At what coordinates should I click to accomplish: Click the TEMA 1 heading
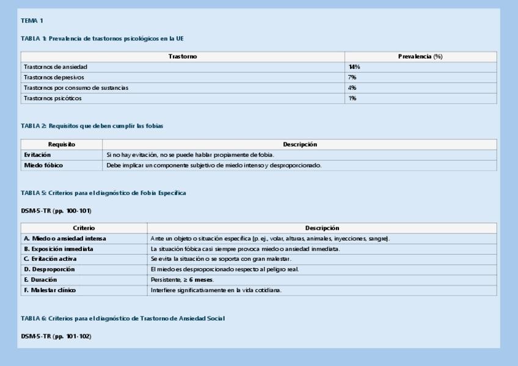click(32, 21)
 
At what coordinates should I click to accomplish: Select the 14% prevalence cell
click(354, 67)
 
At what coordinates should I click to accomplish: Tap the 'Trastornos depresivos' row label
click(54, 78)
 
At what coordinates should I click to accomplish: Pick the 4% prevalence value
click(352, 88)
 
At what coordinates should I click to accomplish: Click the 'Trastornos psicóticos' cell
click(53, 98)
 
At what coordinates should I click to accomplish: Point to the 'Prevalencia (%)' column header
click(420, 56)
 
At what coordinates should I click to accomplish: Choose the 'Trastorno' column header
click(183, 56)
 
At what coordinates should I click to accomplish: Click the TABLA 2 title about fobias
click(92, 126)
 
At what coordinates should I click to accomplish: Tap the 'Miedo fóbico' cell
click(43, 166)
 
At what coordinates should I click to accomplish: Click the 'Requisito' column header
click(62, 145)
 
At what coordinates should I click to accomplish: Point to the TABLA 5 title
click(103, 193)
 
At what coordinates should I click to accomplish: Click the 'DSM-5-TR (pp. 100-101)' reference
click(56, 211)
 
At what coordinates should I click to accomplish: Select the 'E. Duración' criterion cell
click(41, 280)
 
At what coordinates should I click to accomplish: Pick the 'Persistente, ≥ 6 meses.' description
click(182, 280)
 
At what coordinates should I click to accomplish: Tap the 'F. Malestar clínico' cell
click(50, 290)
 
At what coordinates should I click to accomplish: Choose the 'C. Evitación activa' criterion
click(51, 259)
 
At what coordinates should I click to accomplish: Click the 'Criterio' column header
click(84, 228)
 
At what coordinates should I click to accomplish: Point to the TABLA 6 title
click(123, 318)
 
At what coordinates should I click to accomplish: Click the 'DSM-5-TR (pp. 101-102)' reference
click(56, 336)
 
